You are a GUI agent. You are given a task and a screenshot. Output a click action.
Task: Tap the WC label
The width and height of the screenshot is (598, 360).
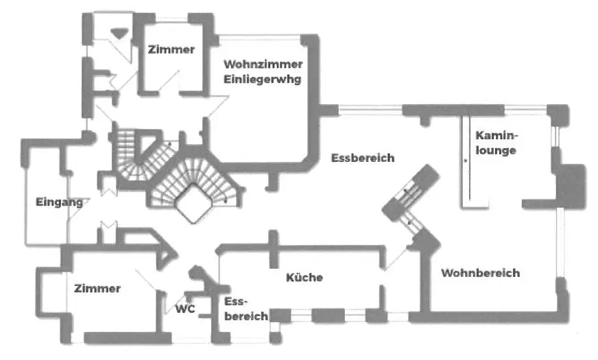(185, 309)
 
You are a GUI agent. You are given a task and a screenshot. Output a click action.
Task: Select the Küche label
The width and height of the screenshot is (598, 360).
(304, 278)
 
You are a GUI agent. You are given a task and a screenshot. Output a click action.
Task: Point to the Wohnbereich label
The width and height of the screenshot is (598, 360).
(480, 273)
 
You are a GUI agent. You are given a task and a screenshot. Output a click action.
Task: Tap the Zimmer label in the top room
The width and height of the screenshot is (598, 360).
(171, 49)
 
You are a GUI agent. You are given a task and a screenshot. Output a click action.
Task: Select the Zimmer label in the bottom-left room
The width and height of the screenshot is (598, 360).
(97, 289)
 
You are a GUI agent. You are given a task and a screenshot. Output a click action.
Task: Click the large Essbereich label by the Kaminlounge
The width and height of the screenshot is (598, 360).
(363, 158)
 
